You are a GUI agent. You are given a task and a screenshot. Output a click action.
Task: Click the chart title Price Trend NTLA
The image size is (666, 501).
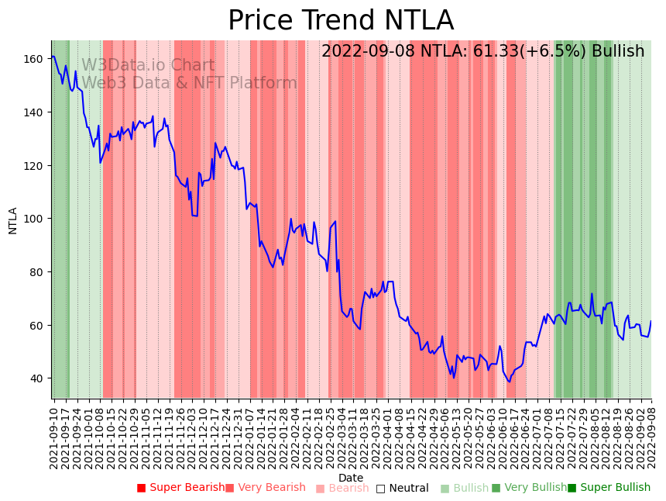coord(341,21)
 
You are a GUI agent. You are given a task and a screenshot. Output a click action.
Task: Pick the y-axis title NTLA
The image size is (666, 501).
coord(13,220)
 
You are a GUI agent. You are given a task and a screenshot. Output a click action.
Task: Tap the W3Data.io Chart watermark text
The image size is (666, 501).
coord(148,65)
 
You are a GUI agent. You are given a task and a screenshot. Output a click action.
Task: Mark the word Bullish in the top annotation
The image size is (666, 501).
coord(618,52)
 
